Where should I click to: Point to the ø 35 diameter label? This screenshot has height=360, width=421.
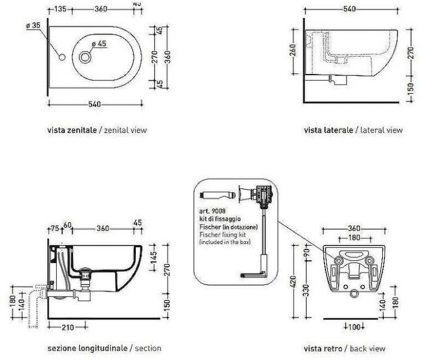(x=33, y=26)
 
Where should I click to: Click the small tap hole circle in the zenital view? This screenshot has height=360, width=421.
(x=62, y=57)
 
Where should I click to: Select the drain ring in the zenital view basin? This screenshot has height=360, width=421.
(x=86, y=57)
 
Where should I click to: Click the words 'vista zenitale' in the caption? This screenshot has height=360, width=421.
(x=72, y=130)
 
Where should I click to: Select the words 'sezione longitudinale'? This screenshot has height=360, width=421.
(x=87, y=348)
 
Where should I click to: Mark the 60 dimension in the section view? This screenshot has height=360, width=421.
(x=68, y=225)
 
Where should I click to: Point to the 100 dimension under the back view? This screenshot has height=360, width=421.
(x=353, y=326)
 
